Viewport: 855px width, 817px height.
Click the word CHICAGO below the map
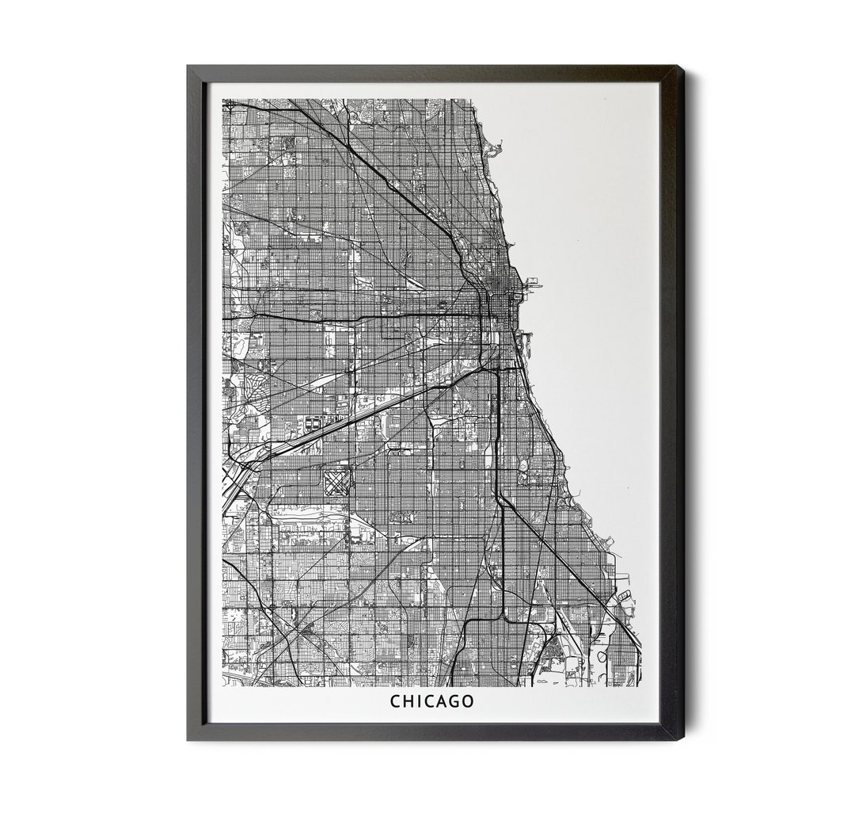click(431, 701)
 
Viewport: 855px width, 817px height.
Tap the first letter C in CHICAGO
click(395, 701)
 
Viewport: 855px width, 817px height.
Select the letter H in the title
click(408, 701)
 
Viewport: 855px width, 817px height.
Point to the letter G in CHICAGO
click(454, 701)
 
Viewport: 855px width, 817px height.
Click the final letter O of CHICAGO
click(468, 701)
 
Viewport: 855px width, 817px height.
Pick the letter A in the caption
click(441, 701)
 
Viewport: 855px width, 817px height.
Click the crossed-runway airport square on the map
click(336, 481)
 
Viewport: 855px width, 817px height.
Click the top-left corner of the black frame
click(188, 67)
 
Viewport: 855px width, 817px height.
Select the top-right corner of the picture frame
click(682, 67)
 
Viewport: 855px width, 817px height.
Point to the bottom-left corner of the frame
click(188, 739)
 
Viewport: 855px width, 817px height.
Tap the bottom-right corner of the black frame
click(682, 739)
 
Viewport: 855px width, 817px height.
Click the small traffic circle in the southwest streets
click(272, 607)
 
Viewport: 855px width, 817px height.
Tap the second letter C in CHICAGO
click(429, 701)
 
